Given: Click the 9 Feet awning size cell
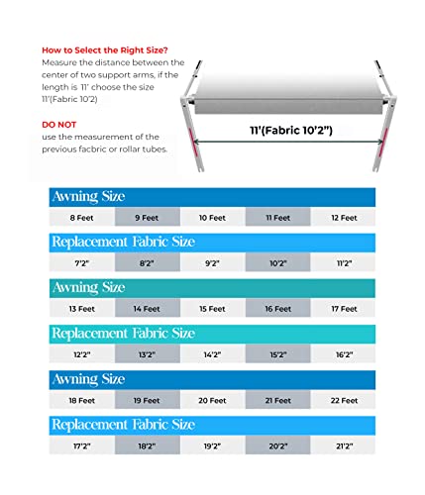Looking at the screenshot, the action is click(147, 217).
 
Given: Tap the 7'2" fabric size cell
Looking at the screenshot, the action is click(82, 264).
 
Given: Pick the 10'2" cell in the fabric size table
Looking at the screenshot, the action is click(277, 264).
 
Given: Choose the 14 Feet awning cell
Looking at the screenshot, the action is click(147, 308).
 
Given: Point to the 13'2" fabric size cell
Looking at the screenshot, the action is click(147, 353).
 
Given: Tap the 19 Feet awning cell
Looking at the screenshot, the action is click(147, 400).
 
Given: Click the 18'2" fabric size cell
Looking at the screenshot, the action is click(147, 446).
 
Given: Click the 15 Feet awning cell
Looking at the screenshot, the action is click(212, 308).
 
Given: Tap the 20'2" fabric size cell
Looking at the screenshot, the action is click(277, 446).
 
